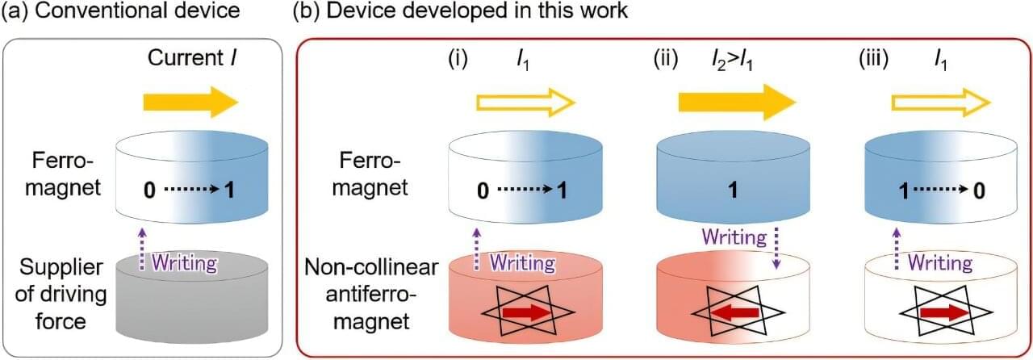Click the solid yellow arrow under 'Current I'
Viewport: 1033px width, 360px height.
point(190,103)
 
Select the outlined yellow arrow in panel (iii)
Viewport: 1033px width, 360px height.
point(940,103)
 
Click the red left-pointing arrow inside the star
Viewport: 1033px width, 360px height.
point(737,312)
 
